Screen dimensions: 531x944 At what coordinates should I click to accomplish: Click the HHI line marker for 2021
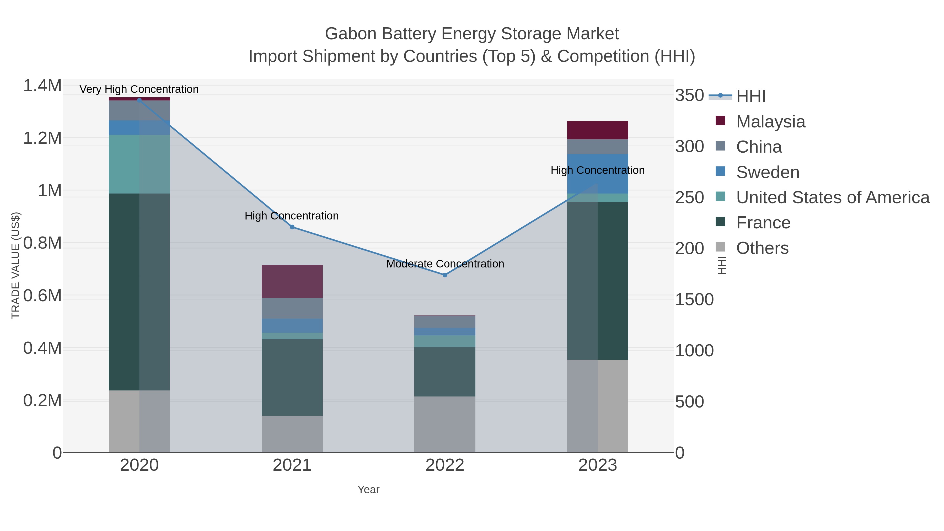click(292, 227)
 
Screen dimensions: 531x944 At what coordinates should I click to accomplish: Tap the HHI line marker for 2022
click(445, 275)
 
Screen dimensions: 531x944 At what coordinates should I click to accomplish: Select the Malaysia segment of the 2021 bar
click(292, 281)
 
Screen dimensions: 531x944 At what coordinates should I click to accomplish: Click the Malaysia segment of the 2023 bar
click(597, 130)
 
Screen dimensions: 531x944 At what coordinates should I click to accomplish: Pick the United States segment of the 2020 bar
click(139, 164)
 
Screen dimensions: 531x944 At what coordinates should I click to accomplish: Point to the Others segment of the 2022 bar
click(445, 424)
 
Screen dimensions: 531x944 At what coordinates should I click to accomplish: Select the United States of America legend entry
click(832, 197)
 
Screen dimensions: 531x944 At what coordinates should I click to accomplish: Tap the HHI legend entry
click(750, 96)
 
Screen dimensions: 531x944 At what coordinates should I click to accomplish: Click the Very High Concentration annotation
click(139, 89)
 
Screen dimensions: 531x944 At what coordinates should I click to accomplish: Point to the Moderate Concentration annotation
click(445, 264)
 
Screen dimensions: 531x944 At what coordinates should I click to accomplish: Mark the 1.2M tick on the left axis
click(42, 138)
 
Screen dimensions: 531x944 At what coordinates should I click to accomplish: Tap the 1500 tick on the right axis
click(694, 299)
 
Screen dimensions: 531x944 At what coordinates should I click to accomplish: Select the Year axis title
click(368, 489)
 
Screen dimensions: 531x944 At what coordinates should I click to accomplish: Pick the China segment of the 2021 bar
click(292, 308)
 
